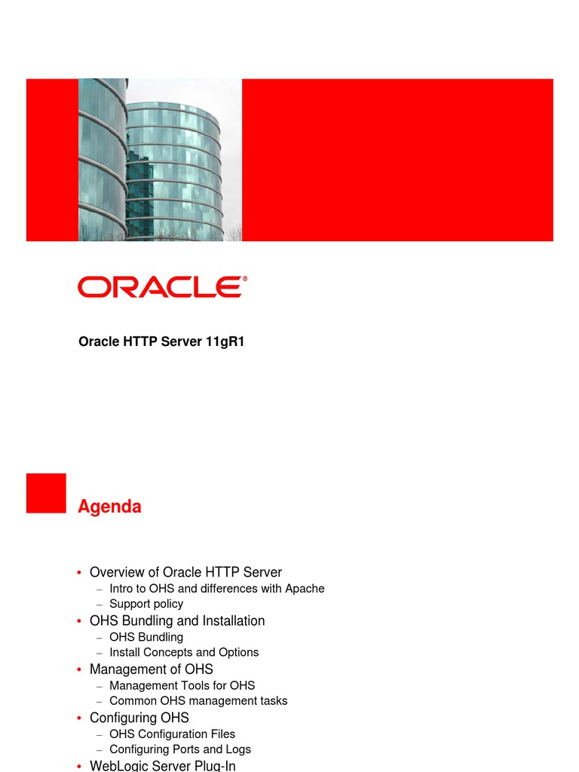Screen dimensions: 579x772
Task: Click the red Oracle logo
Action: coord(162,287)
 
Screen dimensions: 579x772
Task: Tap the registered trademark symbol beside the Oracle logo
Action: coord(245,279)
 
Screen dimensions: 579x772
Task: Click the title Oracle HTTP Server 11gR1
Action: coord(161,342)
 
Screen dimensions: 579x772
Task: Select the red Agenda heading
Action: coord(110,507)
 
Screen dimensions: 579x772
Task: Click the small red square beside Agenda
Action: coord(46,493)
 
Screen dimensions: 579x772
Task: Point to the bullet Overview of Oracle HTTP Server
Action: coord(185,572)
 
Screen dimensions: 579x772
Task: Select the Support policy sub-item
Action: coord(146,604)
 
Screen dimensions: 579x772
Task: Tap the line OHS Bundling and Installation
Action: coord(177,621)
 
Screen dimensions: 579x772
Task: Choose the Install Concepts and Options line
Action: coord(184,652)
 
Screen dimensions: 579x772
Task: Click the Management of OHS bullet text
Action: coord(151,669)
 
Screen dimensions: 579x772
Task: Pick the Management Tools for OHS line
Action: coord(182,685)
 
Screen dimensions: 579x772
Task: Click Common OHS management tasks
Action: coord(198,700)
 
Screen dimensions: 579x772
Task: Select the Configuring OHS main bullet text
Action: coord(139,718)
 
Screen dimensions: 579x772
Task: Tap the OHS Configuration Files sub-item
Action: coord(173,734)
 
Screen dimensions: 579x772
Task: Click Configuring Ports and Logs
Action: coord(180,749)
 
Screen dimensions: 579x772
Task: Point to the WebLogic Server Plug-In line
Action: coord(163,766)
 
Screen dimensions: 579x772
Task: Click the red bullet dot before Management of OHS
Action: coord(79,669)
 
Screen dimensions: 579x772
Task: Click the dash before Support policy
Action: coord(100,605)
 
